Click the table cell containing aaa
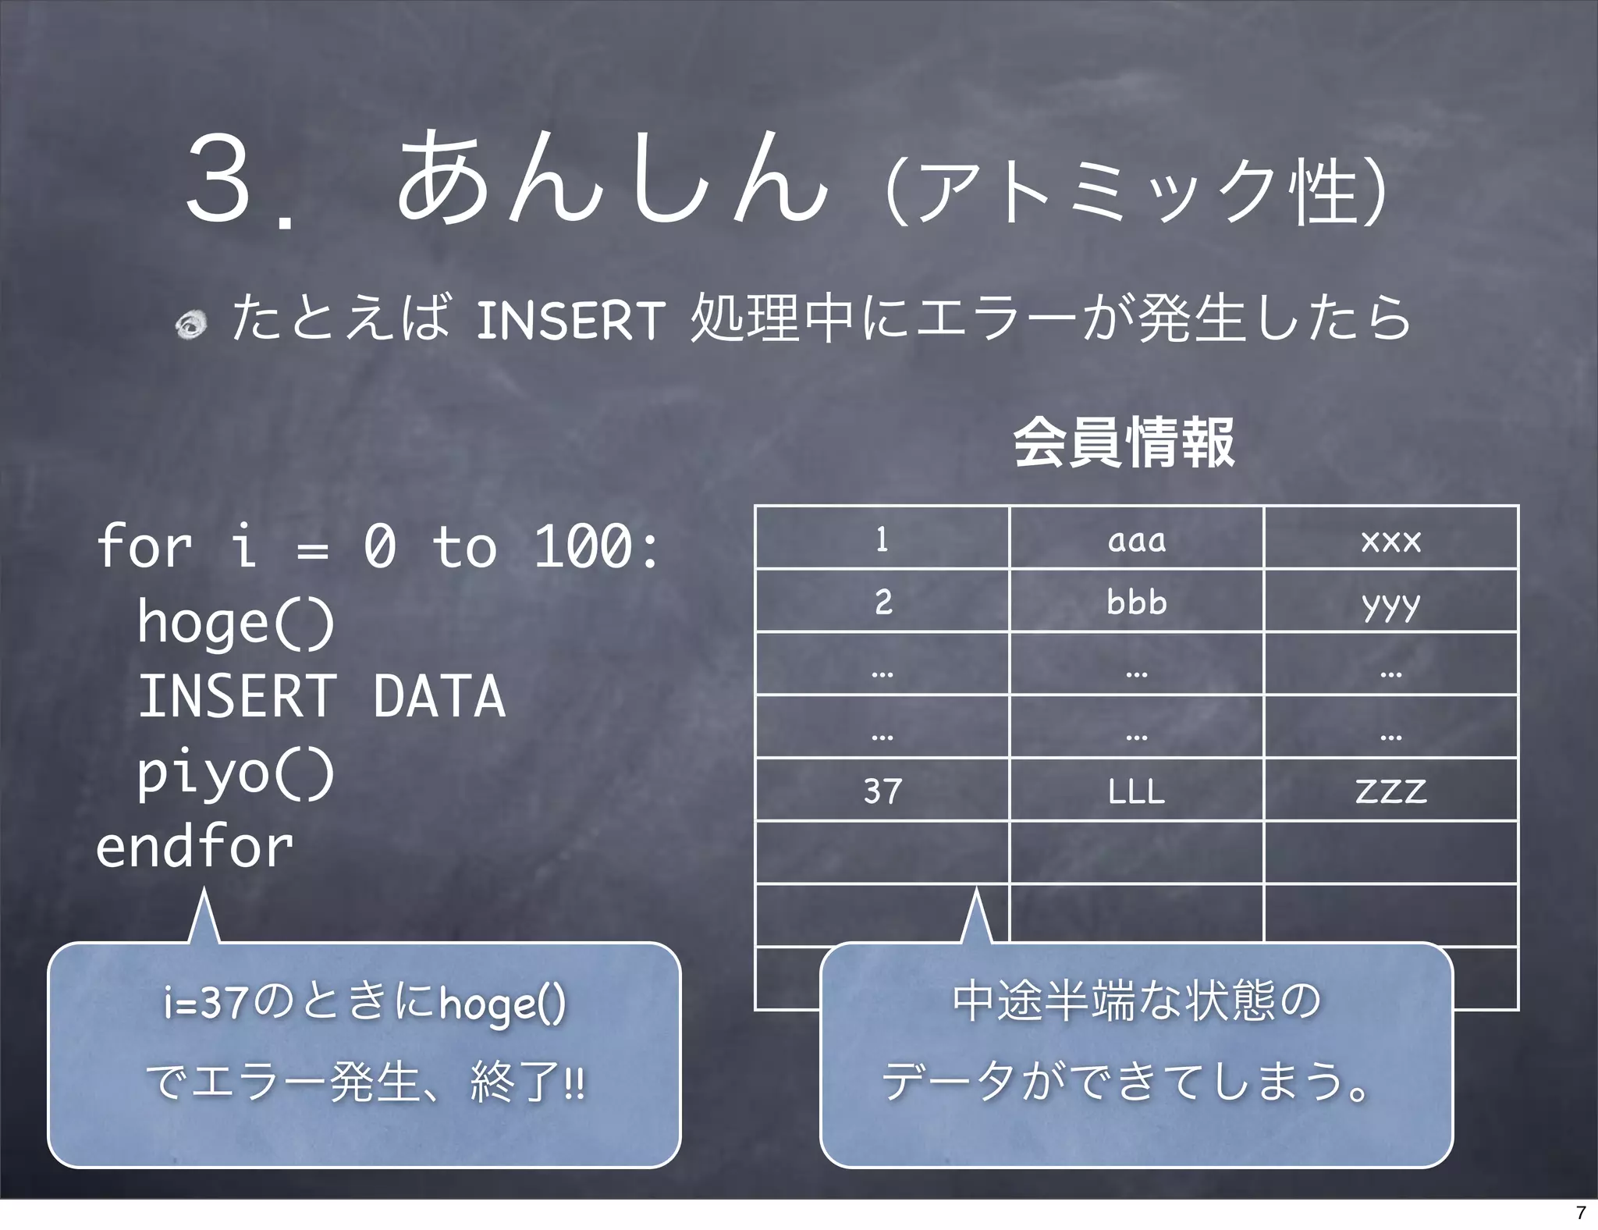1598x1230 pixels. [1136, 539]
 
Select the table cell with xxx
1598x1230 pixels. [1390, 539]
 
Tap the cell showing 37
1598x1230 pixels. [882, 791]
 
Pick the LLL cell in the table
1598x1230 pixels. [1136, 791]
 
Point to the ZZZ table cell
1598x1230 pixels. [1390, 791]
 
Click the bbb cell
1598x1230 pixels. [1136, 602]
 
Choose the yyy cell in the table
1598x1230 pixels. [1390, 602]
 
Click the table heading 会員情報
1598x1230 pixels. [1124, 443]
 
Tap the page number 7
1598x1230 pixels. [1581, 1212]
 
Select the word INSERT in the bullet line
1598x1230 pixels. [570, 320]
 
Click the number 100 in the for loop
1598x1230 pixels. [582, 546]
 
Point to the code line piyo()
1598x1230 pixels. [236, 773]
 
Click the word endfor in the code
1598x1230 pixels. [194, 847]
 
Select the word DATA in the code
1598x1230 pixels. [439, 696]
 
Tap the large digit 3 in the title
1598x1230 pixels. [220, 178]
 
